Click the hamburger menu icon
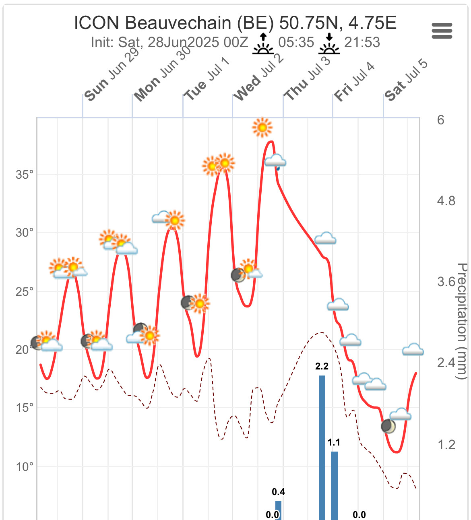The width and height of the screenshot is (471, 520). pos(442,31)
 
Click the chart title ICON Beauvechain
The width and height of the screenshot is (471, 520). pos(235,23)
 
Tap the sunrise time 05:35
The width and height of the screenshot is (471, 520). pos(296,42)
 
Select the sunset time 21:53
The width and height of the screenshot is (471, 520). pos(362,42)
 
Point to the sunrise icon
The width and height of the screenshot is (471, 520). pos(263,44)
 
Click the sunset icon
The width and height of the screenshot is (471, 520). pos(329,44)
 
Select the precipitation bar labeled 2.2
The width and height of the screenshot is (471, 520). pos(322,447)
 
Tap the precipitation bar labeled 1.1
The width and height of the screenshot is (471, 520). pos(334,485)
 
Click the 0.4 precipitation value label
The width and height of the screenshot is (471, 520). pos(278,492)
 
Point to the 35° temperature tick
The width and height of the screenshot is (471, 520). pos(25,175)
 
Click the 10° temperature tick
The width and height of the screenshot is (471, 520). pos(25,467)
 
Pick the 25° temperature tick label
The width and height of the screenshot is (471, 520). pos(25,291)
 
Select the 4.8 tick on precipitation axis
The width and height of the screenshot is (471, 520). pos(446,200)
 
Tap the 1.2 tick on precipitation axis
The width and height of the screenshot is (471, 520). pos(446,444)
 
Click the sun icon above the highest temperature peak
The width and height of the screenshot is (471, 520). pos(262,128)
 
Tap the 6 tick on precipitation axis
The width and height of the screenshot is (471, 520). pos(441,120)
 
